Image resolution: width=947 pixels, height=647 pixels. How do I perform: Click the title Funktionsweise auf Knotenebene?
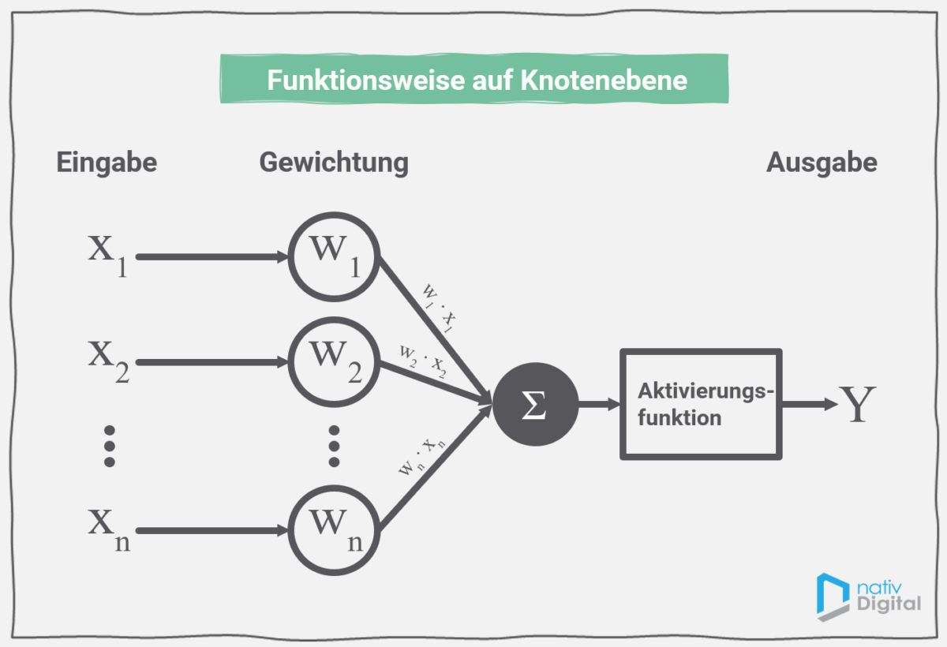click(x=476, y=80)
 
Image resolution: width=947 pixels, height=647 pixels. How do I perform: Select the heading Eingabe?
click(x=107, y=163)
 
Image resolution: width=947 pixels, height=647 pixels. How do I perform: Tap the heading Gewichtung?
click(x=334, y=163)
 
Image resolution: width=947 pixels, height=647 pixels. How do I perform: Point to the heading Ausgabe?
click(x=822, y=163)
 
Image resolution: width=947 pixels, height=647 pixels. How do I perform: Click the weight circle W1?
click(x=334, y=256)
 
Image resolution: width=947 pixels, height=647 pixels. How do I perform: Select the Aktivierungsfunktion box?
click(x=701, y=404)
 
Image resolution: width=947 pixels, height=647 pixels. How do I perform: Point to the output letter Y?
click(x=857, y=404)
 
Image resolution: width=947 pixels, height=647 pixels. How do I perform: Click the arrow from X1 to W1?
click(x=211, y=257)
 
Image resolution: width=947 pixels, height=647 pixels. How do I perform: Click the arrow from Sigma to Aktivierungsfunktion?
click(x=599, y=404)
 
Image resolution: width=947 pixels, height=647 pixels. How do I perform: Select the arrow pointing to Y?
click(x=809, y=404)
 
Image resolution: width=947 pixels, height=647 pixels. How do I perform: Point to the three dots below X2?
click(x=110, y=446)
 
